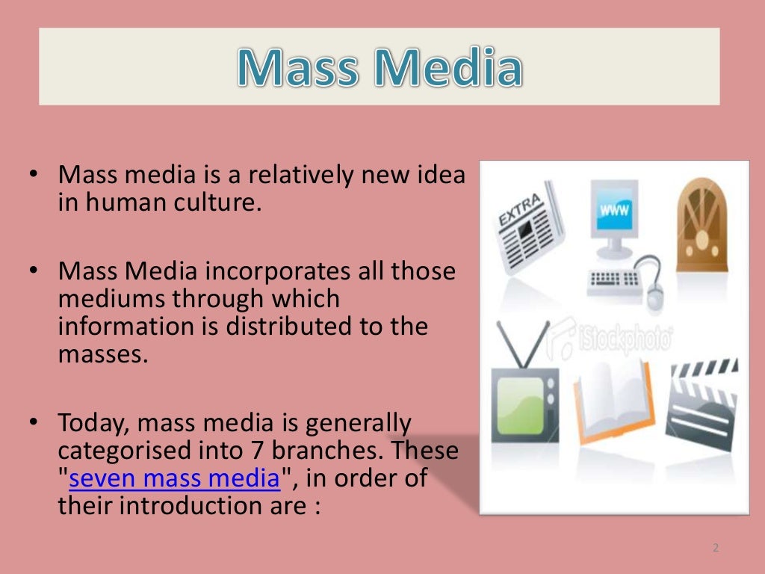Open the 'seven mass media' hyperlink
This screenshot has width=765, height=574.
(x=174, y=478)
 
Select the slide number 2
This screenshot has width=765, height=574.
(x=715, y=548)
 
